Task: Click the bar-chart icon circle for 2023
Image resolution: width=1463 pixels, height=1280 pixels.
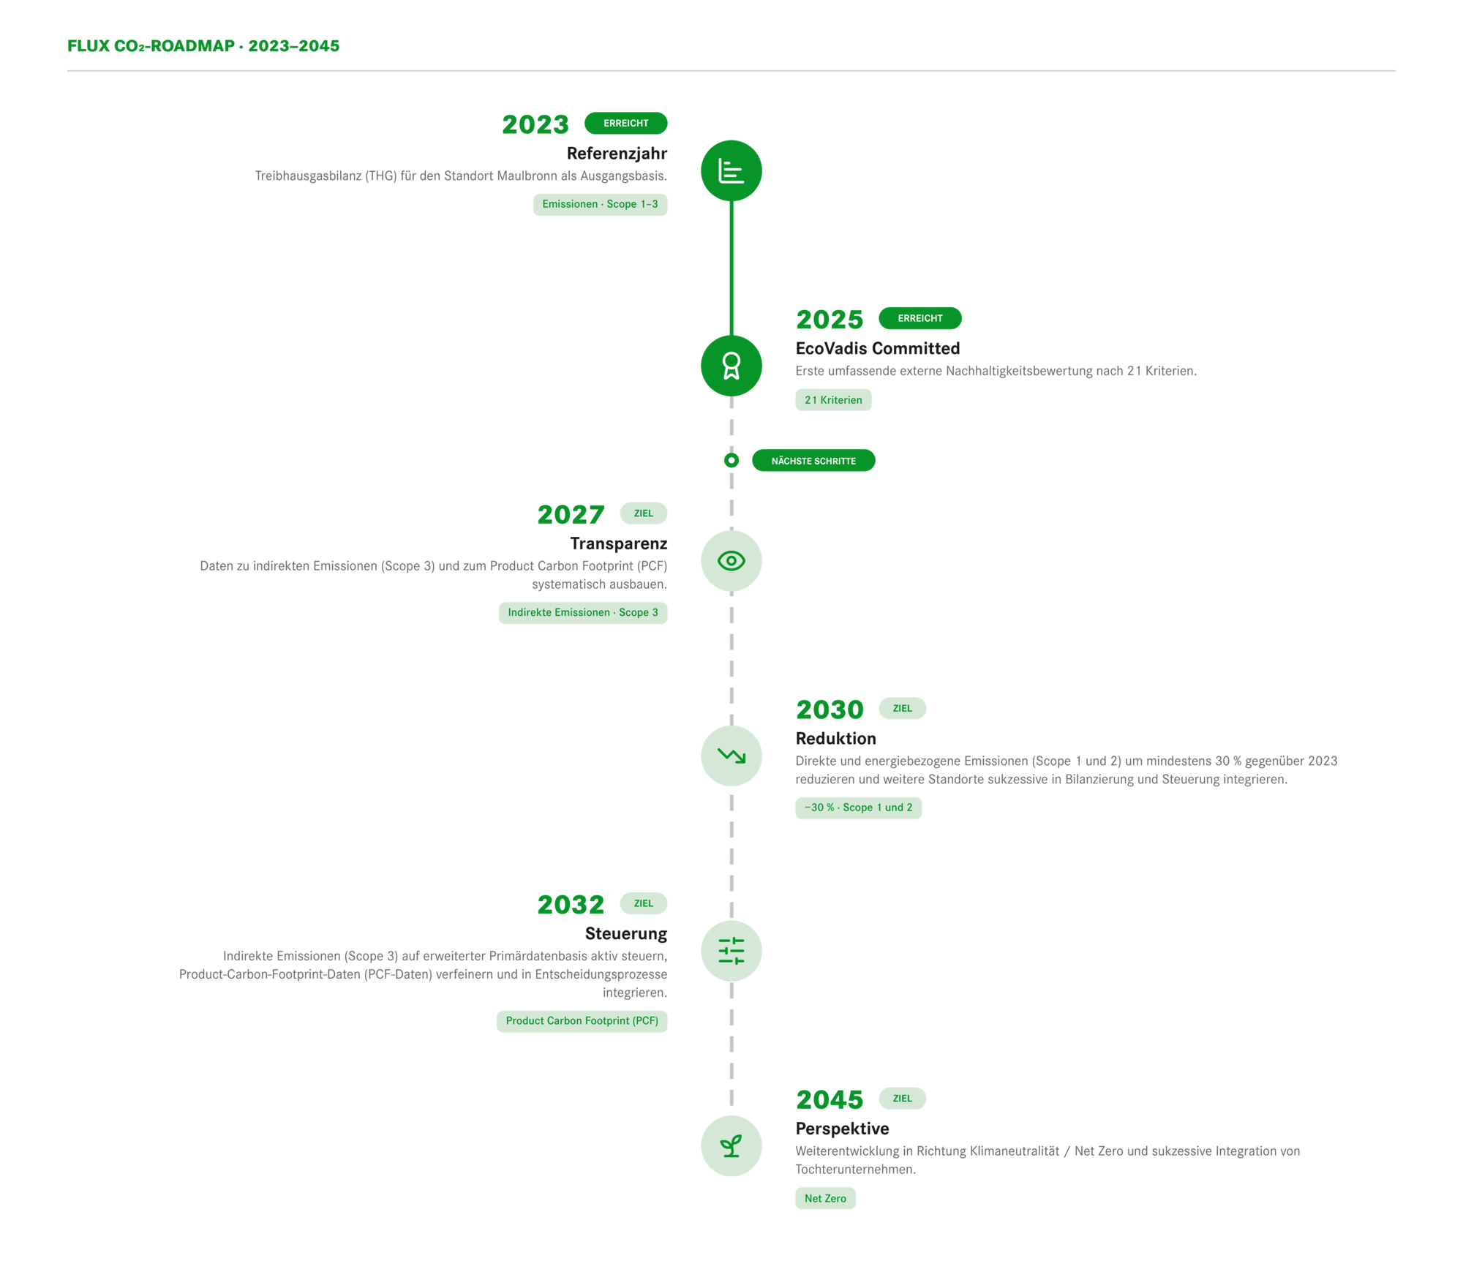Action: click(731, 170)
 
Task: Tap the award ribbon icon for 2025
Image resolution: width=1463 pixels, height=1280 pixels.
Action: click(731, 366)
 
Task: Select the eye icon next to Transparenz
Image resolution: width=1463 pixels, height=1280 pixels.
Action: click(731, 561)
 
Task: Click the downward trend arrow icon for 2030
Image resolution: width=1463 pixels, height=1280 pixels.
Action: click(731, 756)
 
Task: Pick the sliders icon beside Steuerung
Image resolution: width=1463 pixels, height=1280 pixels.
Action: click(731, 951)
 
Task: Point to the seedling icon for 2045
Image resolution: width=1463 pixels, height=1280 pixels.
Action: click(731, 1146)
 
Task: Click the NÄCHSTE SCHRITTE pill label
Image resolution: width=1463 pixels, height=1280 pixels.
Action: click(813, 461)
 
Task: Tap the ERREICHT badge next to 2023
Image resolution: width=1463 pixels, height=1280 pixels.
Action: click(625, 123)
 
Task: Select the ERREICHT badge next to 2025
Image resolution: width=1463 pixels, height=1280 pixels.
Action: click(919, 318)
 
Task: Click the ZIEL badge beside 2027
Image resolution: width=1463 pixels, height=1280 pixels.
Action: click(643, 513)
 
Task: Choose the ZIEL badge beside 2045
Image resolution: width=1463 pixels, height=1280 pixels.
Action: click(902, 1099)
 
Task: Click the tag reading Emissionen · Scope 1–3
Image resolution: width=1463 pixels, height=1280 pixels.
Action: click(600, 204)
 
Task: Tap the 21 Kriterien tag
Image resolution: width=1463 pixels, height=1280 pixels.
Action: click(833, 400)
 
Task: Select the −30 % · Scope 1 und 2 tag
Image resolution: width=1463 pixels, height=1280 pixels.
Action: click(858, 807)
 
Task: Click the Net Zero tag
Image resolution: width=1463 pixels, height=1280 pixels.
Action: click(825, 1198)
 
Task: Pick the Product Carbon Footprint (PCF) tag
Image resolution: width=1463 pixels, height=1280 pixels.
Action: click(582, 1021)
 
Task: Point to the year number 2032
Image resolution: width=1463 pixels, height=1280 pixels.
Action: click(571, 905)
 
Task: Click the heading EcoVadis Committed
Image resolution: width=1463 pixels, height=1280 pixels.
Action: click(878, 348)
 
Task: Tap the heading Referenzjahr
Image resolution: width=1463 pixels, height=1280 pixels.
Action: click(617, 154)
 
